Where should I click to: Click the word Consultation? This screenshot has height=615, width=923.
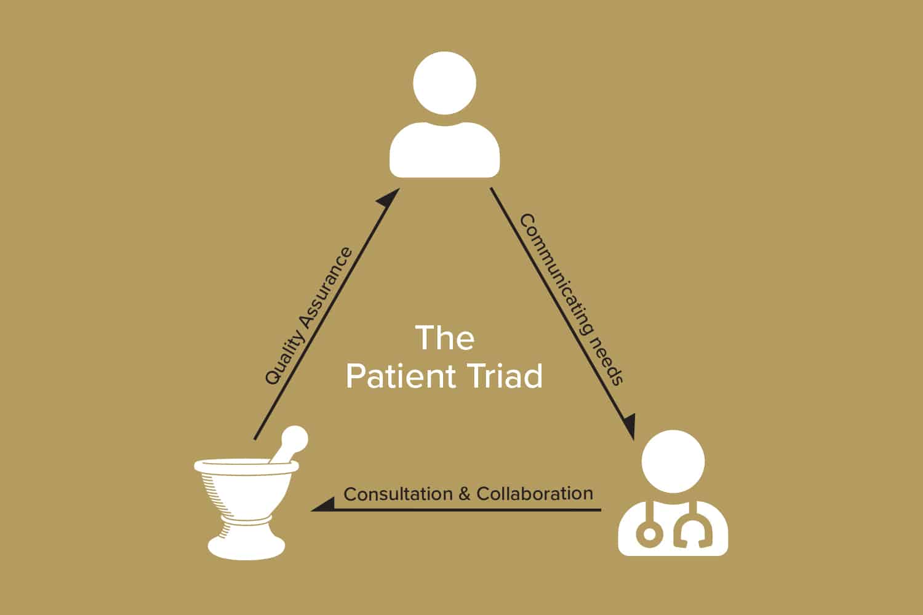pos(398,494)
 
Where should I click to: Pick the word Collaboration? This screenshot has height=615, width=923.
pos(535,493)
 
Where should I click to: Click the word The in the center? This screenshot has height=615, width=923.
pos(445,338)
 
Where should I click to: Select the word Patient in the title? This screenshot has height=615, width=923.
pos(400,376)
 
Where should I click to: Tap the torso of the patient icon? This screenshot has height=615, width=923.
pos(444,151)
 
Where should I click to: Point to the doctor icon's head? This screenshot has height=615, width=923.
pos(673,461)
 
